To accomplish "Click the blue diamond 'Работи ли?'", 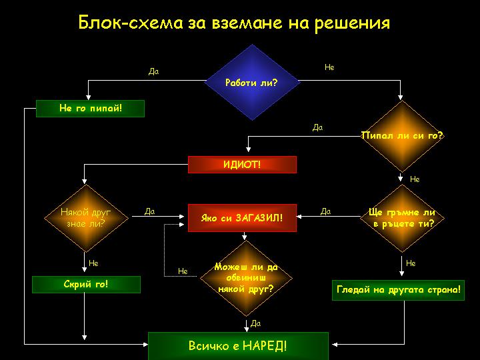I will click(251, 83).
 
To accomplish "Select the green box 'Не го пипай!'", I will click(91, 108).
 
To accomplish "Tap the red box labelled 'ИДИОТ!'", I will click(242, 164).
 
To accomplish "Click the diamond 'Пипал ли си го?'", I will click(401, 136).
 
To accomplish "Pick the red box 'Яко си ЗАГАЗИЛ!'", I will click(242, 217).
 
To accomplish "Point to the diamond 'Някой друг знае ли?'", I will click(85, 217).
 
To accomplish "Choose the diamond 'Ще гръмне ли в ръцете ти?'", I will click(401, 217).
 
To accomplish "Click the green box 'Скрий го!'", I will click(87, 284).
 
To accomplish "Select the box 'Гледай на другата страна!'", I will click(399, 291).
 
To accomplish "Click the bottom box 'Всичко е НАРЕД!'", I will click(238, 346).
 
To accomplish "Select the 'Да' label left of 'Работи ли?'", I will click(153, 71).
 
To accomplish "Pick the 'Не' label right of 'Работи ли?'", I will click(329, 67).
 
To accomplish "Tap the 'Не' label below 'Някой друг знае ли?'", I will click(93, 263).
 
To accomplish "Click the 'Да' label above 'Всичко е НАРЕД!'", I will click(255, 323).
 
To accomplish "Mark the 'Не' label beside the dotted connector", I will click(183, 271).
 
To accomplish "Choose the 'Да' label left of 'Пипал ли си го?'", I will click(317, 127).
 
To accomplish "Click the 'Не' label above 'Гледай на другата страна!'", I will click(411, 263).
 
